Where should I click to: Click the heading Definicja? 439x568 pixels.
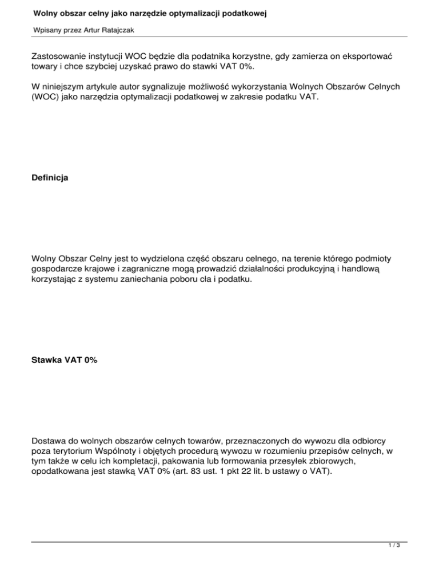point(50,178)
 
